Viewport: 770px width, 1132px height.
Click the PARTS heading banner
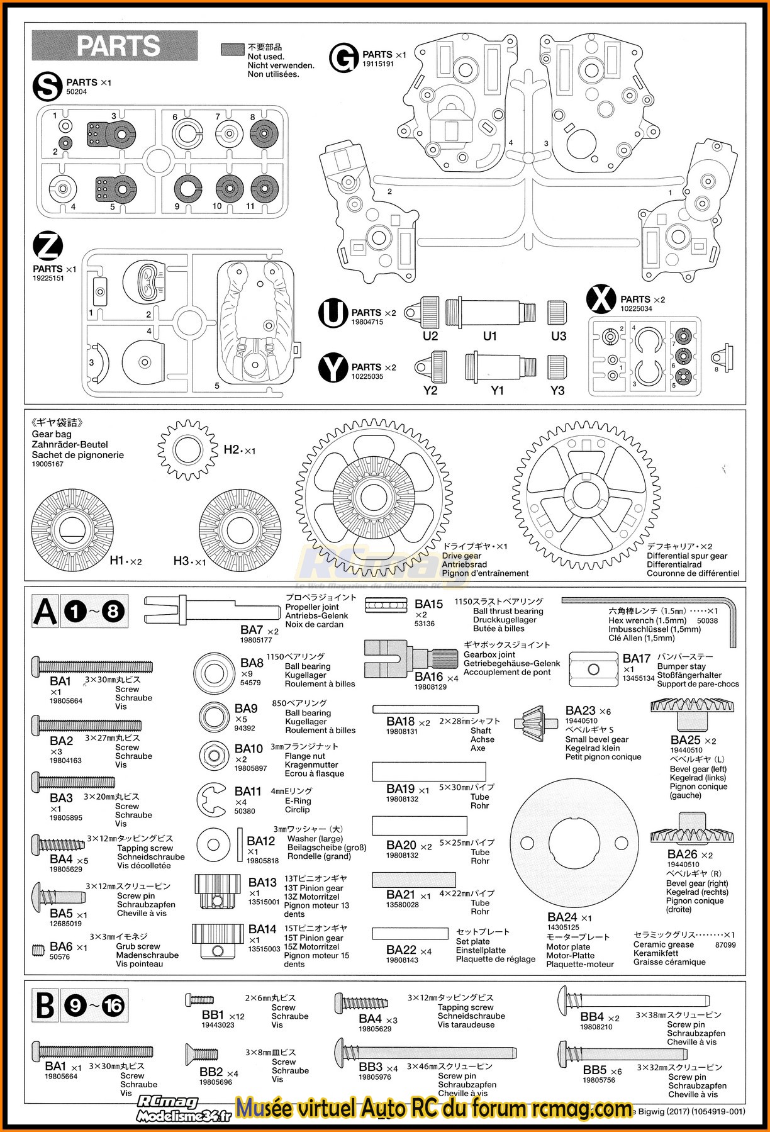[115, 46]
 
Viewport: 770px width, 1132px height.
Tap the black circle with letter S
[48, 87]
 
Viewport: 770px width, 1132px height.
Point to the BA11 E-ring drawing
[211, 800]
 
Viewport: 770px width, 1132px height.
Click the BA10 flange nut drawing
[214, 755]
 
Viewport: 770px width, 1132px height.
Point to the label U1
[490, 336]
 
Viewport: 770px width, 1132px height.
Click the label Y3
[557, 391]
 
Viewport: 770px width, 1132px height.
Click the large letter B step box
[45, 1006]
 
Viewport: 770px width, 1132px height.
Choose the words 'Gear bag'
[52, 434]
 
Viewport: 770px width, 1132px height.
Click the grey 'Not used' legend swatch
[233, 50]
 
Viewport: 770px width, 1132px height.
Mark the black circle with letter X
[601, 300]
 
